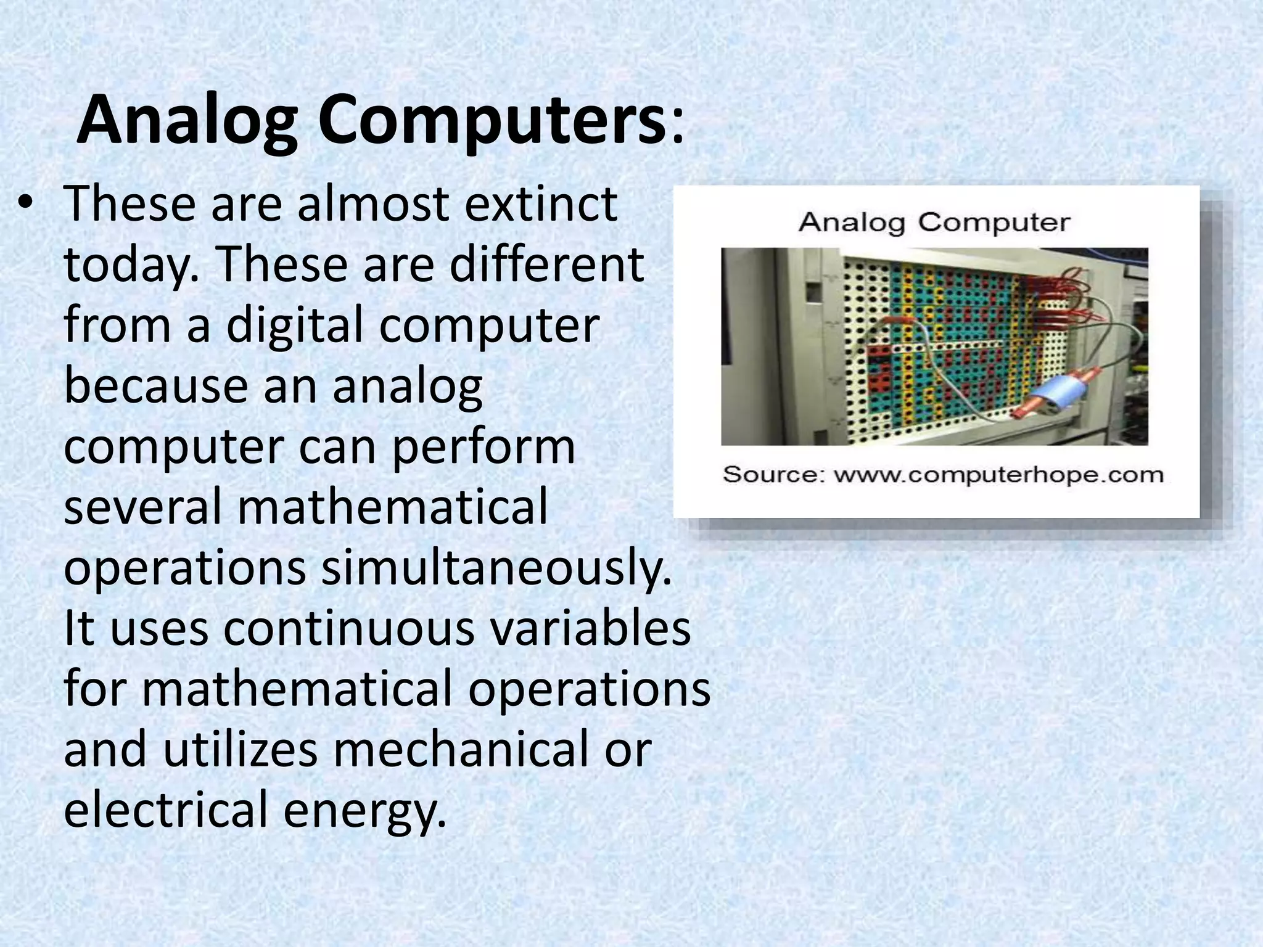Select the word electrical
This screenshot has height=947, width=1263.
[166, 809]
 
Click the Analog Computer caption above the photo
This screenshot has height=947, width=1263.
[934, 222]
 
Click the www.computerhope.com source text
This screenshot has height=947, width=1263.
[998, 475]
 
